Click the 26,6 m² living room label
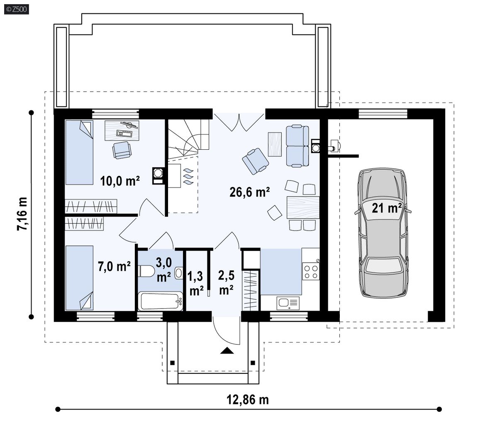point(249,192)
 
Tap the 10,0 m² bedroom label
point(120,181)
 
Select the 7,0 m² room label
point(115,266)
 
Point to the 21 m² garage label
point(387,208)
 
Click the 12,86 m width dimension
point(248,399)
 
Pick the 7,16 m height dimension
point(22,214)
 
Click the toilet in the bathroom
point(146,271)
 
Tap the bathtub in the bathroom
point(160,301)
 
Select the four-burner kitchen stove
point(311,272)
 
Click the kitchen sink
point(288,303)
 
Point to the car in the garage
point(383,233)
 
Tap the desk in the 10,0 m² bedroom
point(122,130)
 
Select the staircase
point(188,139)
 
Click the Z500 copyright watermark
point(17,9)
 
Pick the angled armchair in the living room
point(256,161)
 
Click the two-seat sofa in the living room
point(298,146)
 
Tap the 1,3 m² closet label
point(195,283)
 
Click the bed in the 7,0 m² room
point(79,278)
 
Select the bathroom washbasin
point(179,273)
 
